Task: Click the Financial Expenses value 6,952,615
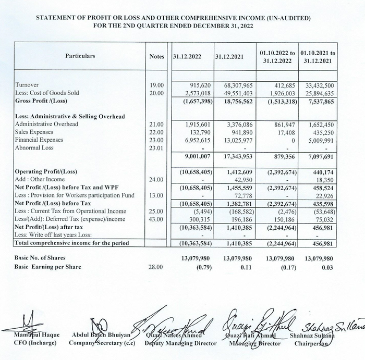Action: click(197, 140)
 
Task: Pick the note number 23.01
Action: click(156, 147)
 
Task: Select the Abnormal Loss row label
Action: click(34, 147)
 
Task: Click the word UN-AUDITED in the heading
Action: click(287, 18)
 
